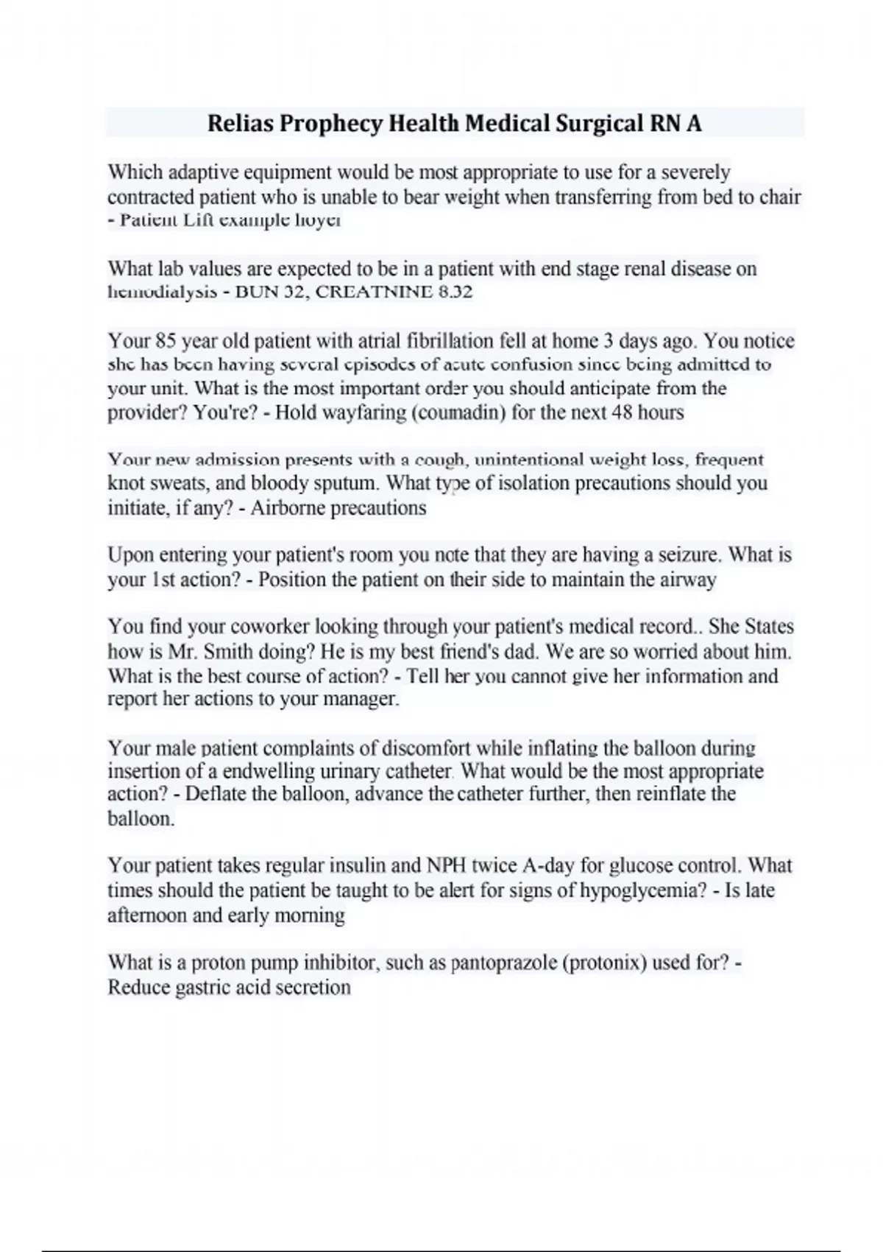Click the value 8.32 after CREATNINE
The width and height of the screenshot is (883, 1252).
click(455, 292)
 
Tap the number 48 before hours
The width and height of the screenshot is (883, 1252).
click(622, 412)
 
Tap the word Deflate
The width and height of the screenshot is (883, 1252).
click(216, 794)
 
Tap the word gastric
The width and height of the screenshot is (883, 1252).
click(202, 988)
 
